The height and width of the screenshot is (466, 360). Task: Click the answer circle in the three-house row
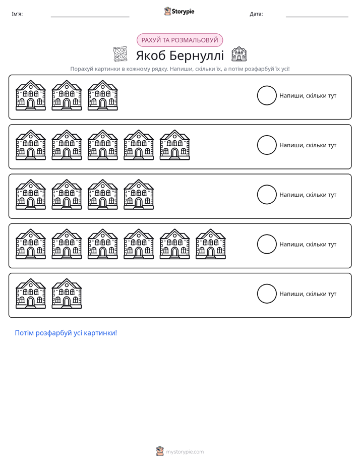[267, 86]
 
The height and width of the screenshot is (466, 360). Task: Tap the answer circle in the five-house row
[267, 136]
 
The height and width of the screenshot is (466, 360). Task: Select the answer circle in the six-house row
[267, 235]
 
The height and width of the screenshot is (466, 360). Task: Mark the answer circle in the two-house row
[267, 285]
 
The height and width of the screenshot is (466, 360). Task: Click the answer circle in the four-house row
[267, 186]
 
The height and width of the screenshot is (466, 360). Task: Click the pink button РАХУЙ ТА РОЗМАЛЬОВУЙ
[179, 40]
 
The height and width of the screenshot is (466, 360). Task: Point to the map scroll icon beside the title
[121, 54]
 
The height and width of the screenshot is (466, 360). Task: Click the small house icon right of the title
[239, 54]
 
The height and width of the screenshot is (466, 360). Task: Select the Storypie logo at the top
[179, 11]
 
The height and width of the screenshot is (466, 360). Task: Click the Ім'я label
[17, 14]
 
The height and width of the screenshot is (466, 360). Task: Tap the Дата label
[256, 14]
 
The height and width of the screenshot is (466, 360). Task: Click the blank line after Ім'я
[90, 17]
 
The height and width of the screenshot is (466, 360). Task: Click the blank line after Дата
[317, 17]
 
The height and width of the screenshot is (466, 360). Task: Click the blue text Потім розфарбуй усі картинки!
[66, 333]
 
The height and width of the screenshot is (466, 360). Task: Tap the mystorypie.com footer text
[185, 452]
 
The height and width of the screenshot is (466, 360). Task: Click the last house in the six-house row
[211, 244]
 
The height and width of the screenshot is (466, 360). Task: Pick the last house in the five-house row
[174, 145]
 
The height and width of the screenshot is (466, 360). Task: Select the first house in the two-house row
[31, 294]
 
